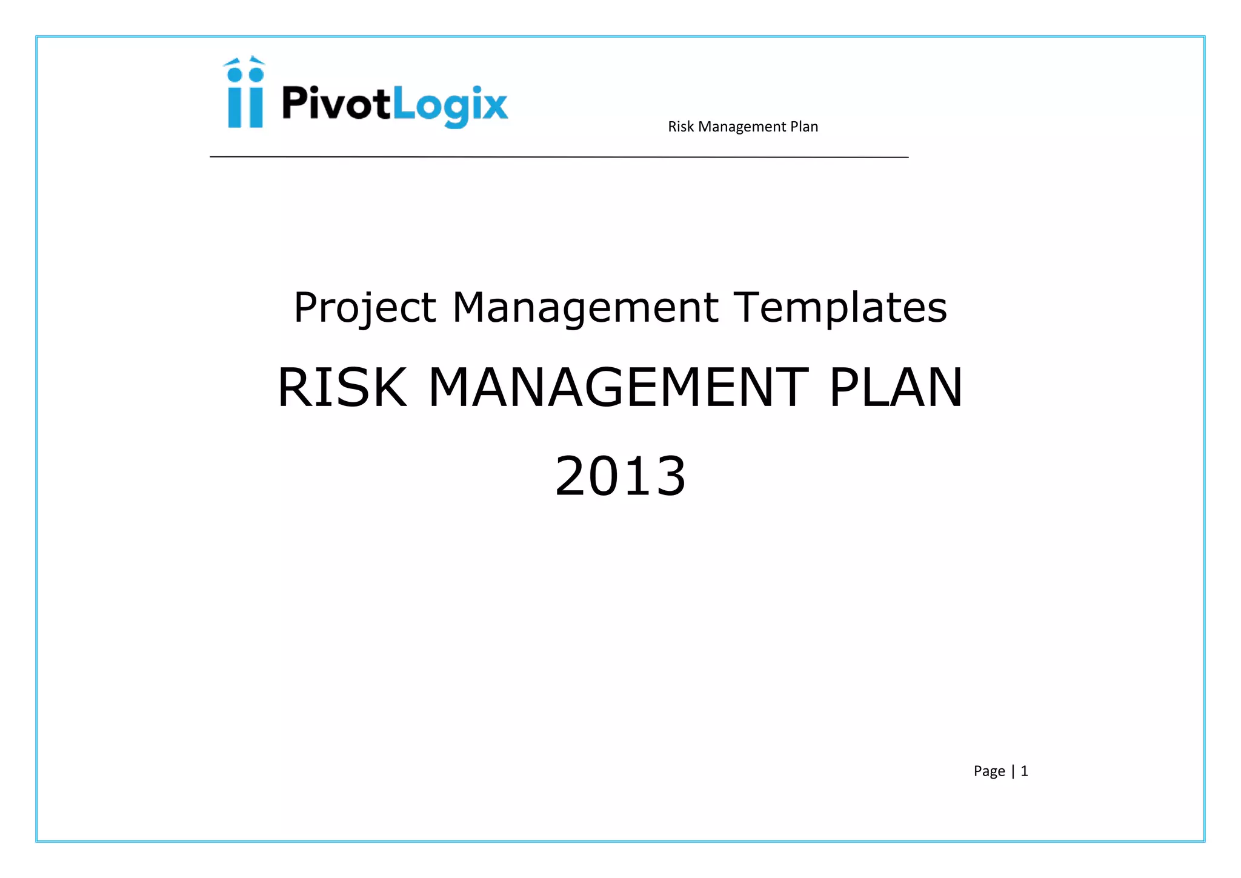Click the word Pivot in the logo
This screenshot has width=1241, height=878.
[336, 104]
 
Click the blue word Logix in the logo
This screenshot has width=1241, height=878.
[450, 105]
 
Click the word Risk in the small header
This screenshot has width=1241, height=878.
[680, 127]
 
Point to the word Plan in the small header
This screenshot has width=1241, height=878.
[804, 127]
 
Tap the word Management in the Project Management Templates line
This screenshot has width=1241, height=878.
[585, 308]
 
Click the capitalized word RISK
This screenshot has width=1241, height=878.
[342, 388]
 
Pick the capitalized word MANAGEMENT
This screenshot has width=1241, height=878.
[618, 388]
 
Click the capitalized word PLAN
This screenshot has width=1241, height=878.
[895, 388]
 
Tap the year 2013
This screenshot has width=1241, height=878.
[620, 476]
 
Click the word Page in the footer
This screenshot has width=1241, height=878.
[989, 771]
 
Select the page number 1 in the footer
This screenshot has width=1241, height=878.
[1024, 771]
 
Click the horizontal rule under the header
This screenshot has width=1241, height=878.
[559, 157]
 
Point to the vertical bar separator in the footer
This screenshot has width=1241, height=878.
[1013, 771]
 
